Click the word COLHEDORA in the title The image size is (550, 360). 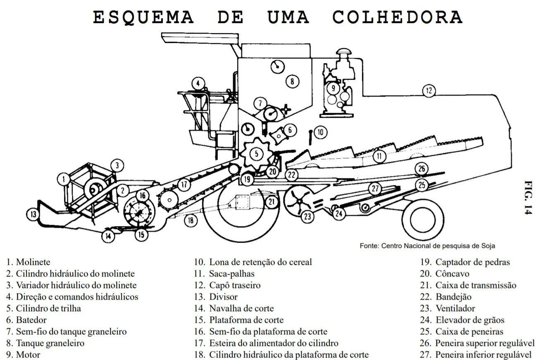point(397,17)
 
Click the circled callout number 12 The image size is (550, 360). point(429,90)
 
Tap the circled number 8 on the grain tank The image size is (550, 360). point(292,81)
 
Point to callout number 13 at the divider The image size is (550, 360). point(33,214)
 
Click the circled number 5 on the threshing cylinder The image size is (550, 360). point(256,154)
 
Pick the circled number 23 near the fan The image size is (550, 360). point(307,216)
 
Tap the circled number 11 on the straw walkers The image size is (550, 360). point(379,156)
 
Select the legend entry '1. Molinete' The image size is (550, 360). point(28,262)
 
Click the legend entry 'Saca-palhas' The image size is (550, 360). point(231,274)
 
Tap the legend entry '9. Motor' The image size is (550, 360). point(24,355)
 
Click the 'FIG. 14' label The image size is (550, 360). point(529,197)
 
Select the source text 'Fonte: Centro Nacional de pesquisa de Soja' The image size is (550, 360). point(427,246)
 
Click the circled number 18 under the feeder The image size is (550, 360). point(190,220)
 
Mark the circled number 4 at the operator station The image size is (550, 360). point(198,83)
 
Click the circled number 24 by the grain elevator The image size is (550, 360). point(339,214)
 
